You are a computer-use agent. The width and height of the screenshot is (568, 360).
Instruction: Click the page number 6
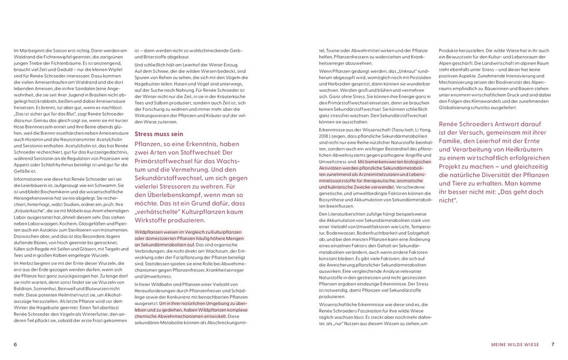coord(15,344)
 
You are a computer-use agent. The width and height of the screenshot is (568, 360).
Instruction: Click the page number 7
coord(553,344)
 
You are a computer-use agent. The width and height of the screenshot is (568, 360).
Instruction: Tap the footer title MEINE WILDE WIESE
coord(515,344)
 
